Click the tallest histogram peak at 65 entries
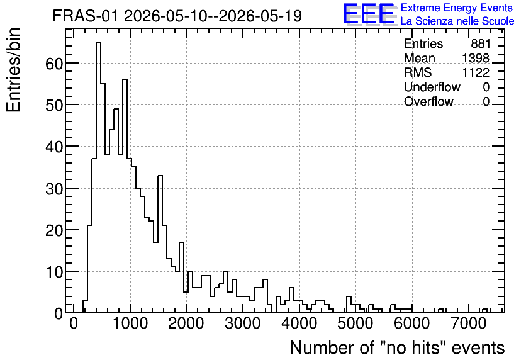(x=98, y=42)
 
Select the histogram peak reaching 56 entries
(x=125, y=79)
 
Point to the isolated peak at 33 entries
(x=160, y=176)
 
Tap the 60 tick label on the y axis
(x=54, y=64)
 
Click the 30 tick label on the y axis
(x=54, y=189)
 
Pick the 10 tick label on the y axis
(x=54, y=272)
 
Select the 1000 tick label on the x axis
(x=130, y=323)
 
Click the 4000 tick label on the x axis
(x=299, y=323)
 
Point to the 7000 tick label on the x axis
(x=468, y=323)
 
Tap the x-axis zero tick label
(x=74, y=323)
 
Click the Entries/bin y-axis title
(x=13, y=70)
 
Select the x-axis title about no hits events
(x=397, y=347)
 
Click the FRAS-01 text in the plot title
(x=86, y=16)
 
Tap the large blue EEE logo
(x=369, y=14)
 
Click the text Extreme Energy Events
(x=457, y=8)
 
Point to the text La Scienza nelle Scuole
(x=457, y=21)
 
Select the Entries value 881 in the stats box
(x=480, y=43)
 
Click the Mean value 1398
(x=476, y=58)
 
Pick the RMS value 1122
(x=476, y=72)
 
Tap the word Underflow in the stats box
(x=432, y=87)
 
